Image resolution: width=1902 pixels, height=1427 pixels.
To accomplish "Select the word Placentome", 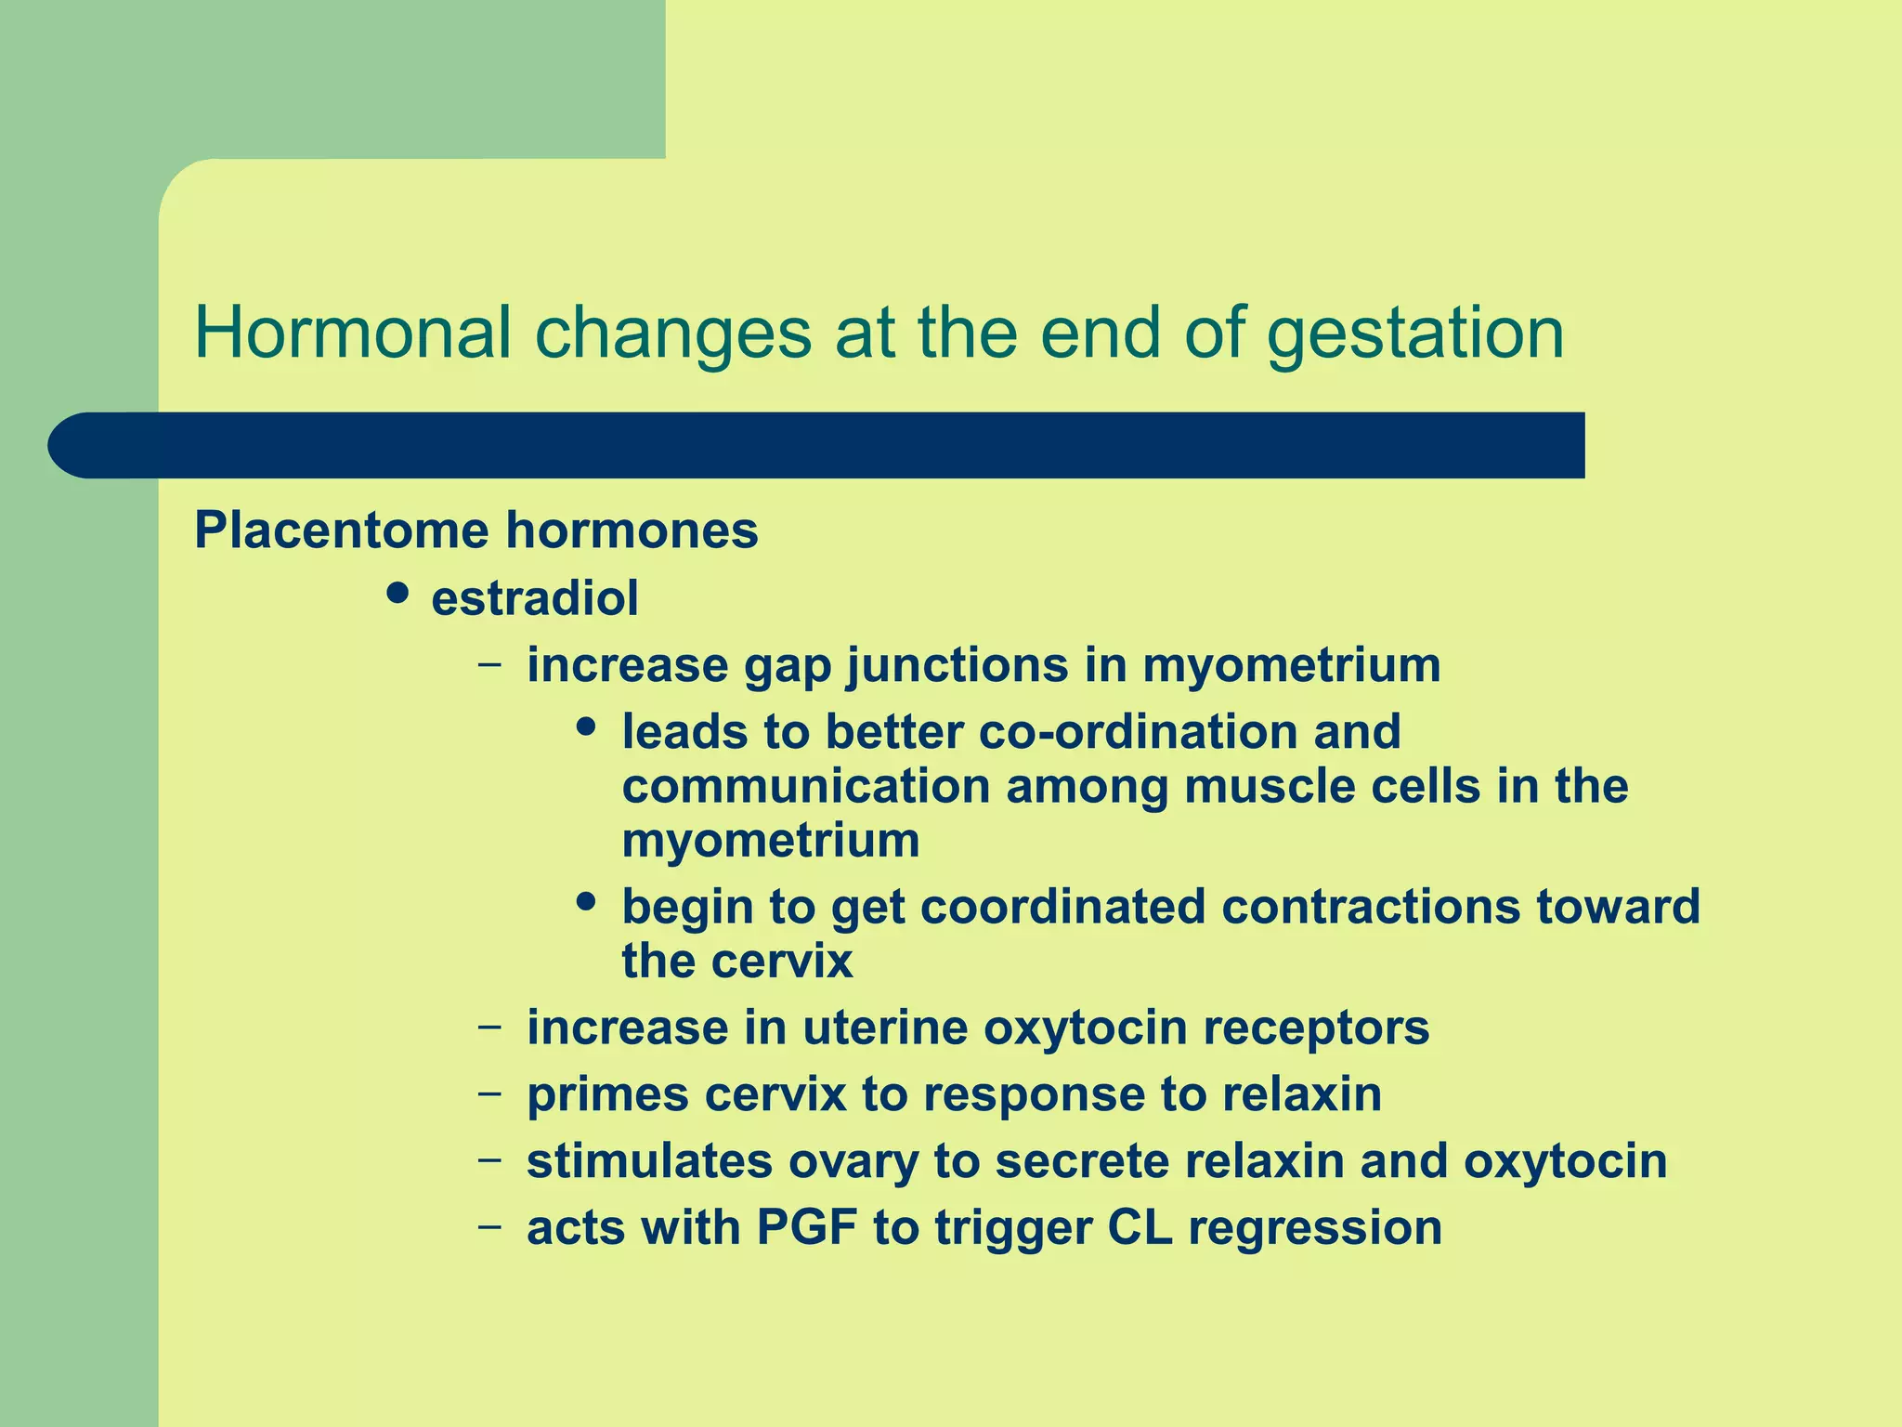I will click(x=340, y=530).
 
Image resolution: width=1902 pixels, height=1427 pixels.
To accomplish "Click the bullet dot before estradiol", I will click(x=397, y=594).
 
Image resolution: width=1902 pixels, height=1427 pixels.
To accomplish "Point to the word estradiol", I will click(x=535, y=597).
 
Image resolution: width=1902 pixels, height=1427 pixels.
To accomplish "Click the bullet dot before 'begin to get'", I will click(x=585, y=902).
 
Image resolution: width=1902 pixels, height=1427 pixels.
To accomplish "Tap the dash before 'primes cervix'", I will click(x=489, y=1093).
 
